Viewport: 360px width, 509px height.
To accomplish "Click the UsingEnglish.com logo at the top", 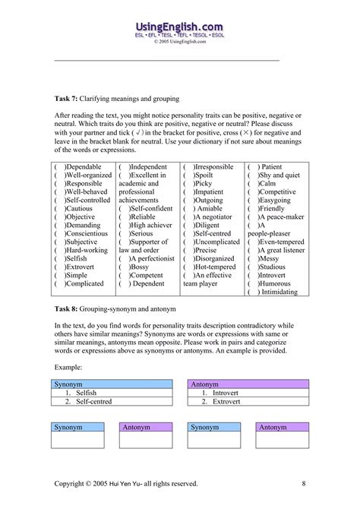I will [x=179, y=29].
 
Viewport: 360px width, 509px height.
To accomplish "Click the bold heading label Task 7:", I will [x=70, y=99].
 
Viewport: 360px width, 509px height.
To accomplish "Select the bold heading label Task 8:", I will [x=70, y=309].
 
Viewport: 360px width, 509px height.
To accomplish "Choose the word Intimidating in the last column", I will [x=282, y=292].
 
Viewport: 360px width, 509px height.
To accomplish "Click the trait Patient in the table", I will [x=271, y=166].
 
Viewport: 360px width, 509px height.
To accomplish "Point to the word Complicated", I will [x=86, y=283].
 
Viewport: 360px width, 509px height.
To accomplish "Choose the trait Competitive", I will [x=278, y=192].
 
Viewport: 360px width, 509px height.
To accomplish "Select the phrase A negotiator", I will [x=215, y=216].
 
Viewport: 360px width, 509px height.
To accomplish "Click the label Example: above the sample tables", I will [x=68, y=367].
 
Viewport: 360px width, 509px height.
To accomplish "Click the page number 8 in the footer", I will [x=304, y=482].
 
